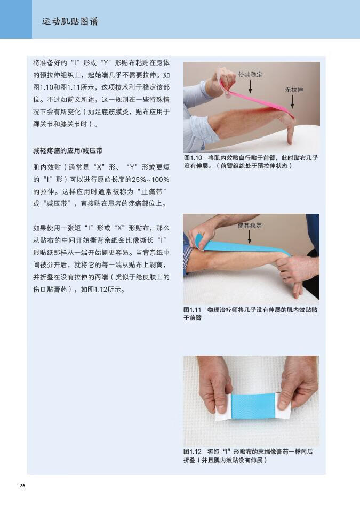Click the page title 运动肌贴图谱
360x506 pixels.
point(70,22)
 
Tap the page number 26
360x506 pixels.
point(22,485)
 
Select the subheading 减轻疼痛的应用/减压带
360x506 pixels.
point(68,151)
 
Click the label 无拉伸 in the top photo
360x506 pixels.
point(294,90)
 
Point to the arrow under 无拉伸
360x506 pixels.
point(292,102)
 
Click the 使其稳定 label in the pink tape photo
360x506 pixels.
point(250,75)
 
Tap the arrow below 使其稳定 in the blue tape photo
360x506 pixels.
point(249,237)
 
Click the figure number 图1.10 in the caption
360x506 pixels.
point(193,158)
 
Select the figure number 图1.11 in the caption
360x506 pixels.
point(193,310)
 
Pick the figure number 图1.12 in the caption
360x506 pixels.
point(193,452)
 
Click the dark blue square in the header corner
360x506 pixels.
point(16,19)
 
